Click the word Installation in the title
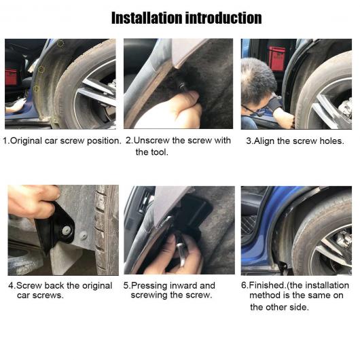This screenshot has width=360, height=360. [147, 18]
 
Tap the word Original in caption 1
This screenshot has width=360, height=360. [26, 141]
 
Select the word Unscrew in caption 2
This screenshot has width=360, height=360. [151, 141]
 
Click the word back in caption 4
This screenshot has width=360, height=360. [54, 285]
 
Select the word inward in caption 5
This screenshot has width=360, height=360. [183, 285]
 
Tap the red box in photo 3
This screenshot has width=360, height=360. [277, 58]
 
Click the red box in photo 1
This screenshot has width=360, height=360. [11, 77]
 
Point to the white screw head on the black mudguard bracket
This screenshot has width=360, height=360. [67, 230]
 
